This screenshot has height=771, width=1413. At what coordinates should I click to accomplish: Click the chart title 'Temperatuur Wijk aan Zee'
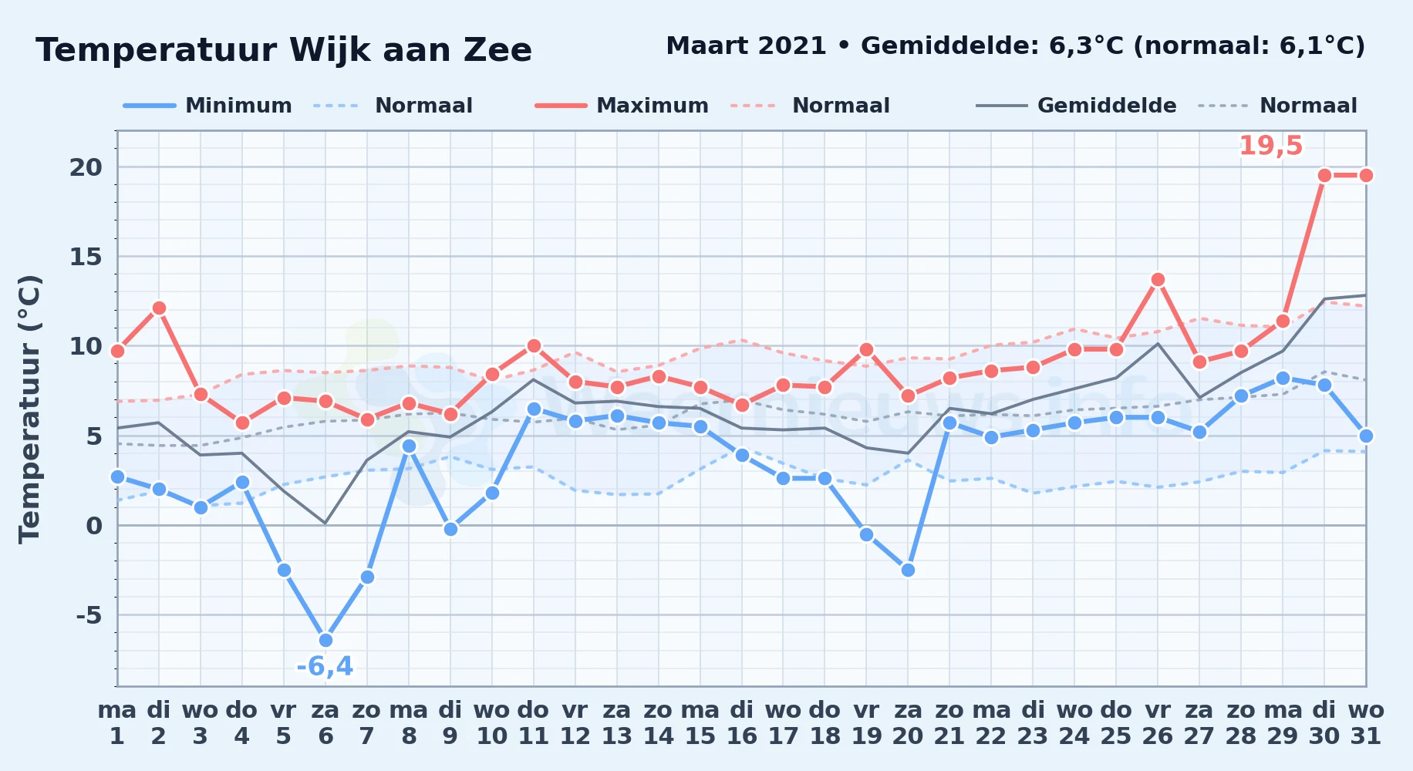click(x=284, y=50)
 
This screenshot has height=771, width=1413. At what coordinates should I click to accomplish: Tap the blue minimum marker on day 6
click(x=325, y=640)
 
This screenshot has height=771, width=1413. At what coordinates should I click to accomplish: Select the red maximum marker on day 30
click(x=1324, y=176)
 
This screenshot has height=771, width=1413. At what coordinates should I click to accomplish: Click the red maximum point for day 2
click(x=159, y=308)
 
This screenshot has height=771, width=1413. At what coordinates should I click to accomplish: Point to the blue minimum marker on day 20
click(x=908, y=570)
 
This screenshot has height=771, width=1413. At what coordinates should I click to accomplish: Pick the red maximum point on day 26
click(x=1158, y=280)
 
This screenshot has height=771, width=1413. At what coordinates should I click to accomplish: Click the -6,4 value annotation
click(x=325, y=666)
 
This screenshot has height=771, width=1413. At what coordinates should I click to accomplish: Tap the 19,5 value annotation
click(x=1270, y=146)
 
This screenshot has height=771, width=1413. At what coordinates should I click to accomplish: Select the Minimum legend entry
click(x=207, y=106)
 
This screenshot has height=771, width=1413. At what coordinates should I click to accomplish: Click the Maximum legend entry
click(x=622, y=106)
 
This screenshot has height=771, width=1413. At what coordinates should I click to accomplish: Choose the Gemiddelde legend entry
click(x=1076, y=106)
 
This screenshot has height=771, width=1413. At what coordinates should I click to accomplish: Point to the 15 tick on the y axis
click(x=86, y=257)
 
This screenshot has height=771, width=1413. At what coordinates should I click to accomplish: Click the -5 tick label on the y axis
click(x=89, y=615)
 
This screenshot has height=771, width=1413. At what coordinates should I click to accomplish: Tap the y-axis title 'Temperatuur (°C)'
click(x=30, y=409)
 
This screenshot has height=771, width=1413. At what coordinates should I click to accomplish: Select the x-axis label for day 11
click(x=533, y=723)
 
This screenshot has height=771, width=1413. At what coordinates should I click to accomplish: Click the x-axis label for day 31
click(x=1366, y=723)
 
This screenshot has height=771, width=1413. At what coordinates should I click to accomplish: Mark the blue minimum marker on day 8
click(x=409, y=446)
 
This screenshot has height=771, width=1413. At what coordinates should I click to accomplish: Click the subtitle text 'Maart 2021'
click(x=747, y=46)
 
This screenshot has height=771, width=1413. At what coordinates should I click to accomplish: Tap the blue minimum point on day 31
click(x=1366, y=436)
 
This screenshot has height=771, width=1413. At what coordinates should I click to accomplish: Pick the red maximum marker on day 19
click(x=866, y=350)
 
